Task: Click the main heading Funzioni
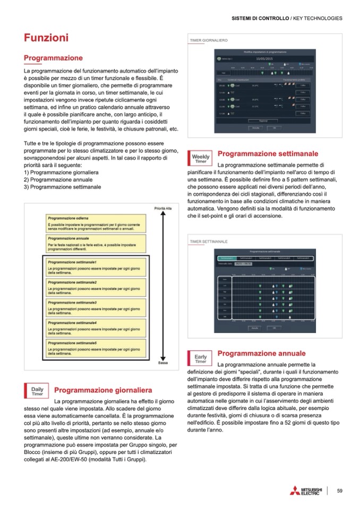point(46,38)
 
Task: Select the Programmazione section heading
point(53,57)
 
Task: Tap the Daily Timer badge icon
point(37,391)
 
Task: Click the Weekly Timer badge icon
point(201,158)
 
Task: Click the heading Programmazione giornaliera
point(104,390)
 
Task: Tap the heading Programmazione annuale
point(262,353)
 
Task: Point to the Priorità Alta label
point(162,208)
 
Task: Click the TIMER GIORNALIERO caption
point(209,40)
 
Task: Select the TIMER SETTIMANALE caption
point(209,241)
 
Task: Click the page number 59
point(340,490)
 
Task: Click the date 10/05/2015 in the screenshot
point(263,59)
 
